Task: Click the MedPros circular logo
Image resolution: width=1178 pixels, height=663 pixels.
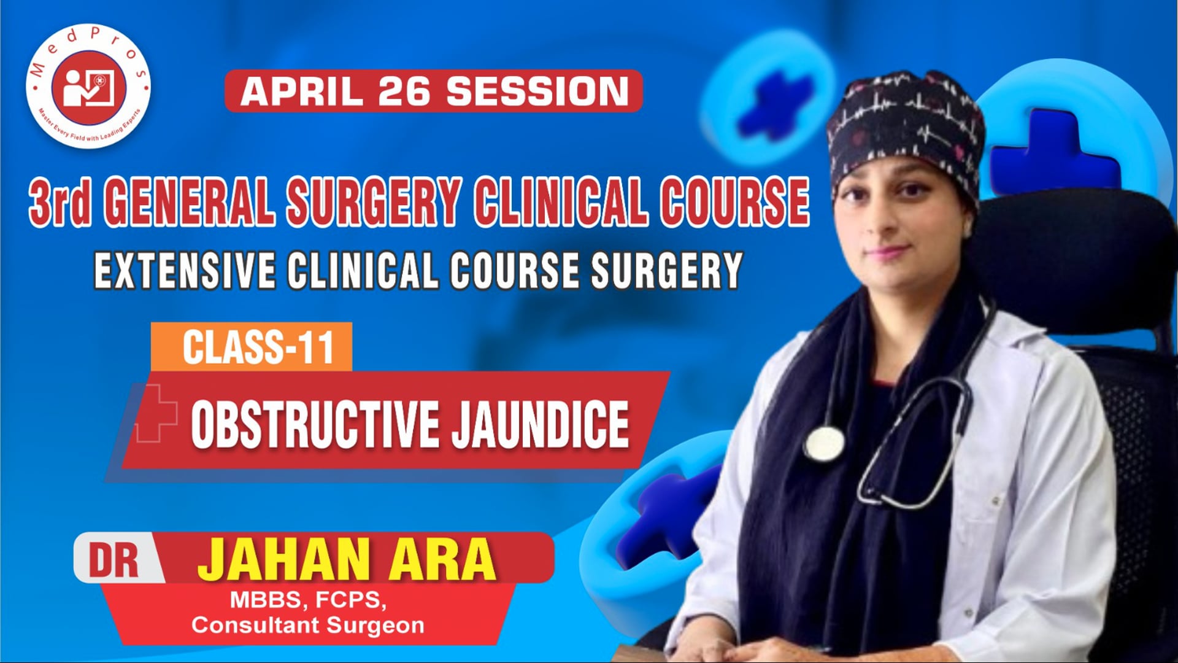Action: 88,88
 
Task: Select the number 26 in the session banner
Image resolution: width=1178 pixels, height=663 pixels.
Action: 405,91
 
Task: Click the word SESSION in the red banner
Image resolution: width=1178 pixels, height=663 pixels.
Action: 537,91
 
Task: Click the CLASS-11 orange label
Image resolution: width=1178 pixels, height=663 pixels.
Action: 258,347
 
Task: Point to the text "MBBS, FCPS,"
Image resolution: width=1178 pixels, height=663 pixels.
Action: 308,600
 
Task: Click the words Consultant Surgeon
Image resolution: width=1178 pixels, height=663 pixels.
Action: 308,626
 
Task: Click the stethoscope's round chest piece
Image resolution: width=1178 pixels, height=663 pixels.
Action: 823,442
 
